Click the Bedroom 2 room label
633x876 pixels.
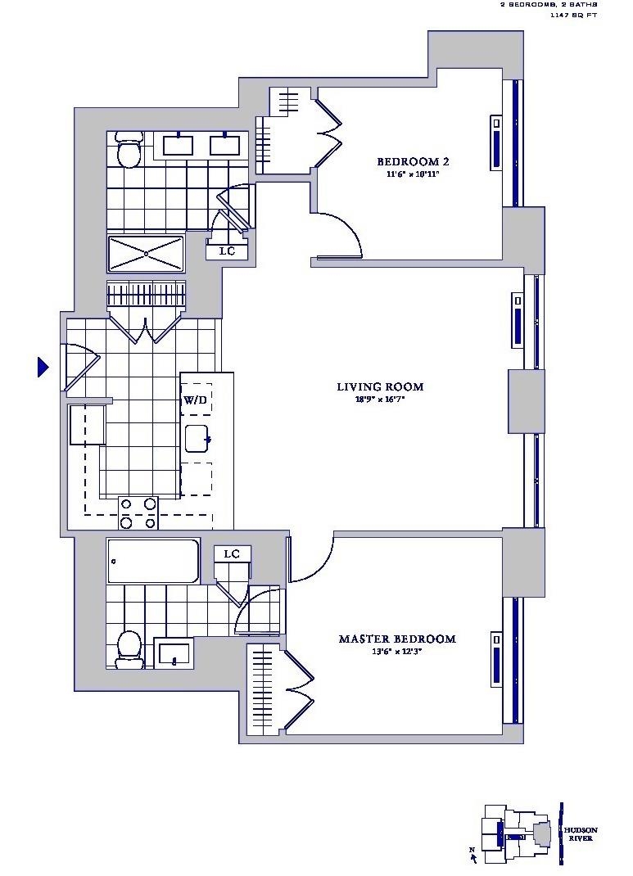tap(412, 161)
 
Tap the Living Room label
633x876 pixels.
tap(380, 386)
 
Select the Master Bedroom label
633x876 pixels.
tap(396, 639)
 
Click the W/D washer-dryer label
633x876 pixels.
tap(195, 400)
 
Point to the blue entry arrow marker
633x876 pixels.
tap(43, 368)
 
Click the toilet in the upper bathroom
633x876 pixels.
tap(129, 150)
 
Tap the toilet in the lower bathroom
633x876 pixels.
tap(129, 645)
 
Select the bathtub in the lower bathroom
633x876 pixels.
tap(153, 561)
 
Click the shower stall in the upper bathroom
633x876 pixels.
tap(146, 254)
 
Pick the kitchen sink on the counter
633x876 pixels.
tap(197, 439)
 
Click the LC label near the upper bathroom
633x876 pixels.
tap(228, 251)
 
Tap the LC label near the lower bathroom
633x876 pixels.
tap(233, 554)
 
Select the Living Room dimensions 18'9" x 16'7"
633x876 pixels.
tap(379, 400)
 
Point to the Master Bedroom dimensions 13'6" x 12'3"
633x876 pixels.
tap(396, 652)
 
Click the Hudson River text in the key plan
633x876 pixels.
tap(579, 833)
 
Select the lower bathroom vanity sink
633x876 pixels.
tap(174, 653)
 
